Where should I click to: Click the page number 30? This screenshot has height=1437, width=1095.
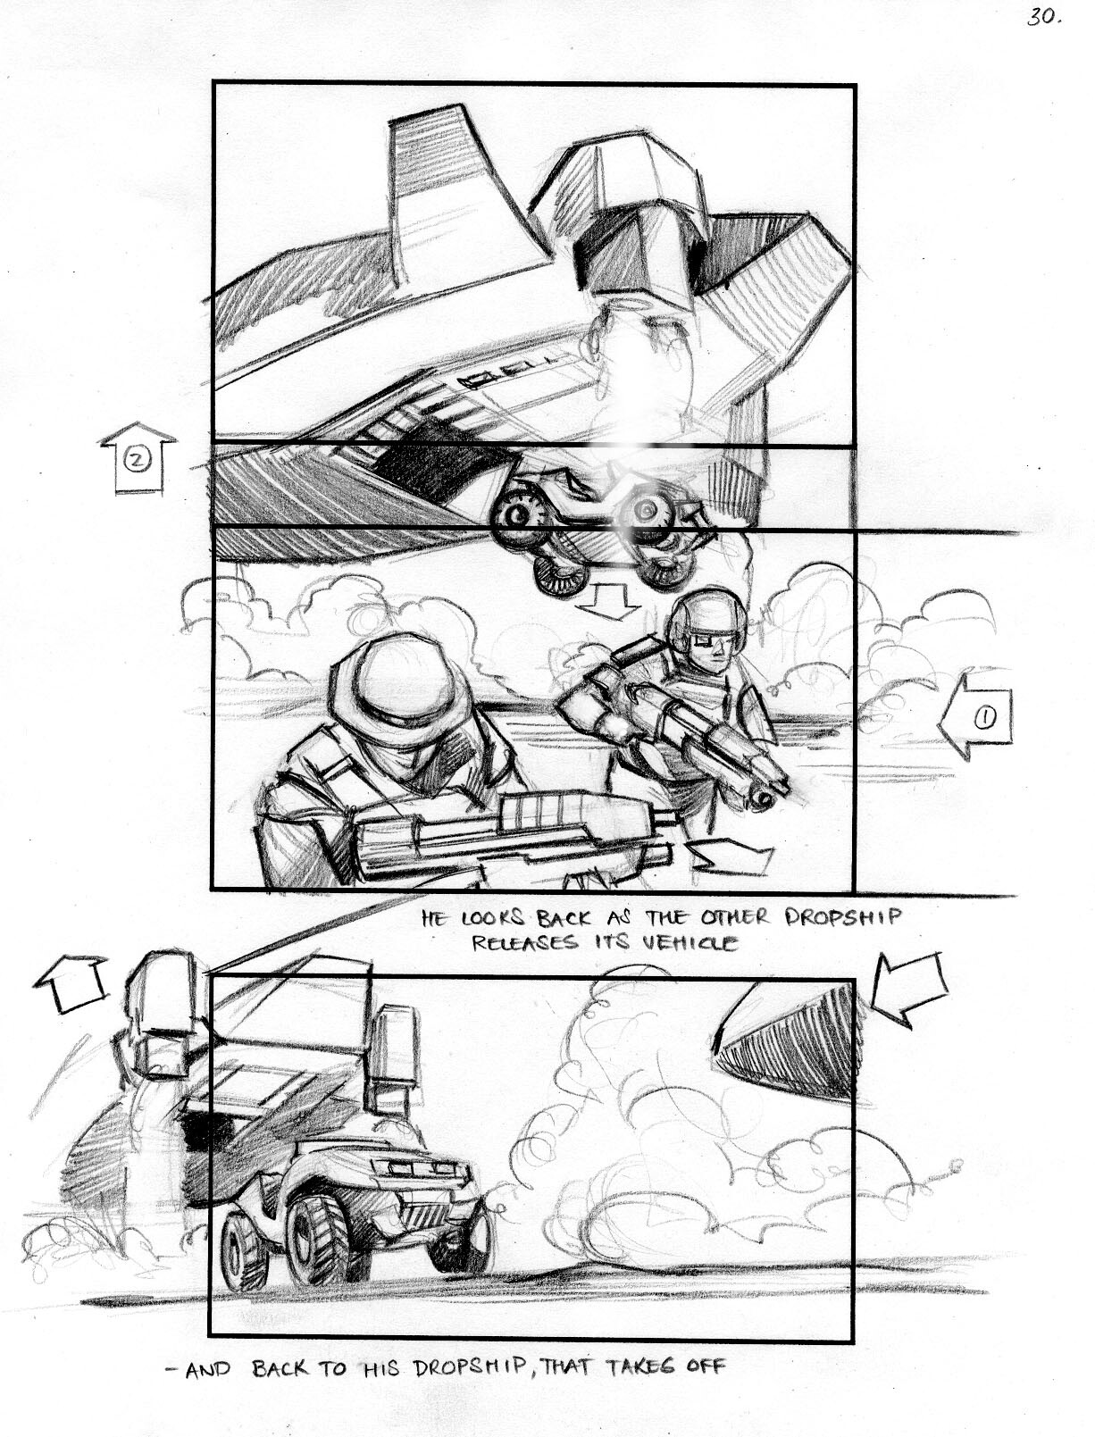coord(1043,17)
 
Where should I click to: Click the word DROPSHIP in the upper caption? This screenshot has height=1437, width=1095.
coord(843,918)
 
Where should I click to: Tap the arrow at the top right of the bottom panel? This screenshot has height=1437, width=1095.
coord(909,994)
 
